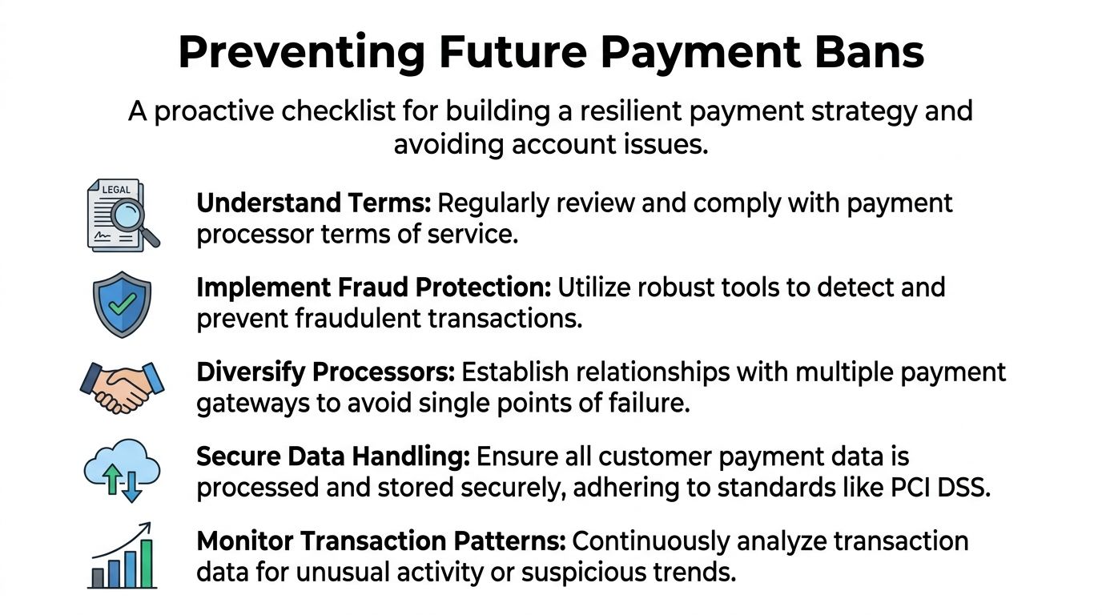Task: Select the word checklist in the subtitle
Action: [338, 111]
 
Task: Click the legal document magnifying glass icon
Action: [123, 215]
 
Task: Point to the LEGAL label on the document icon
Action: [116, 190]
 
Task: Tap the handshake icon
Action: [122, 387]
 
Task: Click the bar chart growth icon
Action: [122, 556]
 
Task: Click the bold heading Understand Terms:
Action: [314, 203]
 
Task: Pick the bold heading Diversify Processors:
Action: [325, 372]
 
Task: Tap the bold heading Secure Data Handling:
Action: [332, 456]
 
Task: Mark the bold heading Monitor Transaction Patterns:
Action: [380, 541]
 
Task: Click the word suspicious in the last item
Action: [601, 573]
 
